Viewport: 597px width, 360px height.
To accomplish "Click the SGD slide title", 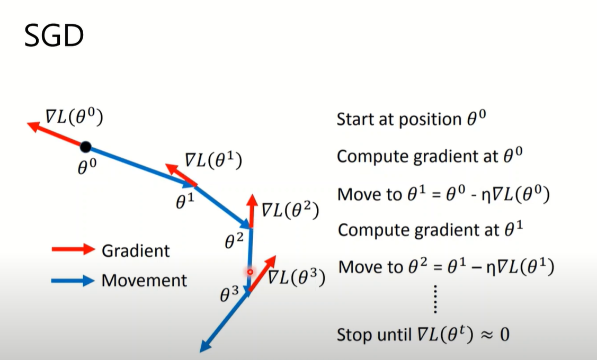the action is click(54, 37).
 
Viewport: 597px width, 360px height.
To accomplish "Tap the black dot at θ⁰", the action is click(85, 147).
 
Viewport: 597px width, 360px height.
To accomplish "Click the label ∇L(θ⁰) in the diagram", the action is click(74, 118).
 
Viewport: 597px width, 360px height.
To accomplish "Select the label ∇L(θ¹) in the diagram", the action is click(213, 160).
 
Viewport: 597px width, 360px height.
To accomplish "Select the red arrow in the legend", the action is click(73, 250).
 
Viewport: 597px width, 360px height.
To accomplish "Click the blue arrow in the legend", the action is click(73, 281).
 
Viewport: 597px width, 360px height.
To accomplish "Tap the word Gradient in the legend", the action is click(136, 250).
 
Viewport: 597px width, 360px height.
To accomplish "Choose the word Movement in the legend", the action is click(144, 280).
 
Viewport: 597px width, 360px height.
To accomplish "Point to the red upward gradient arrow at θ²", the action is click(252, 209).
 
